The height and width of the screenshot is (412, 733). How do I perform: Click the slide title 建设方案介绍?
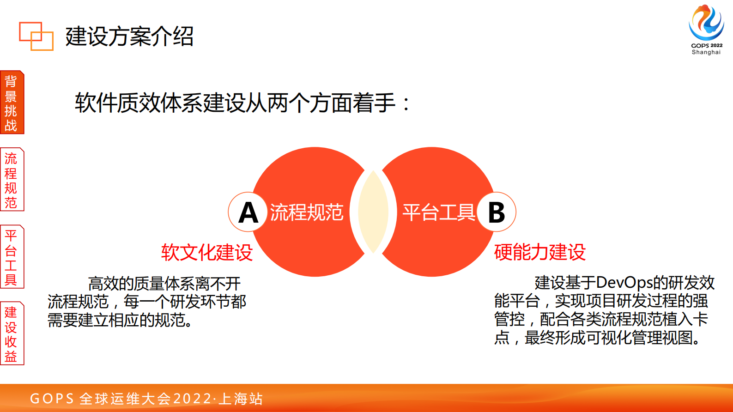click(x=129, y=36)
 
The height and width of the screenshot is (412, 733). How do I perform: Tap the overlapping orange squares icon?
click(x=36, y=36)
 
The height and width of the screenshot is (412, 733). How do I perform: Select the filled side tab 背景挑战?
click(x=12, y=103)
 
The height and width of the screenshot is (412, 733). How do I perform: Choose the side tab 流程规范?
click(x=12, y=180)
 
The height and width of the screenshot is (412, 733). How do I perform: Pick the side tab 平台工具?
click(x=12, y=257)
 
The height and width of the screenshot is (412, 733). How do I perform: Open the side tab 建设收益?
click(x=12, y=333)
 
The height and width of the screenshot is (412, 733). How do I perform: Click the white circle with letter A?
click(x=248, y=212)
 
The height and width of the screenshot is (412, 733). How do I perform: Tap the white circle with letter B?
click(x=497, y=212)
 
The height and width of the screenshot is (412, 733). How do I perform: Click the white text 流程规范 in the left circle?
click(x=307, y=212)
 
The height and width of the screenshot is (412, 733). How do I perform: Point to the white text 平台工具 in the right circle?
click(x=439, y=212)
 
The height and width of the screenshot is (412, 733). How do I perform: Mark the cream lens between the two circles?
click(x=373, y=212)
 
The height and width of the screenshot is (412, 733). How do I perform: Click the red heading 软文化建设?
click(x=207, y=252)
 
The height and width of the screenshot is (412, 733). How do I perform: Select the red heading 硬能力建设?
click(x=539, y=252)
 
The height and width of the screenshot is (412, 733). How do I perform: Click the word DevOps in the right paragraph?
click(x=624, y=282)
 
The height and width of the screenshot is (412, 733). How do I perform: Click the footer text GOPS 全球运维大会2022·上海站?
click(x=146, y=398)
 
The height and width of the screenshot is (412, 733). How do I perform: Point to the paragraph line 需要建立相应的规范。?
click(x=120, y=320)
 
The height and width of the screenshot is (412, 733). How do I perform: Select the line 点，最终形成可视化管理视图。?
click(x=598, y=338)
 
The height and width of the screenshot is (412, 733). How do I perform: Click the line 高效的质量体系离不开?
click(x=164, y=283)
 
